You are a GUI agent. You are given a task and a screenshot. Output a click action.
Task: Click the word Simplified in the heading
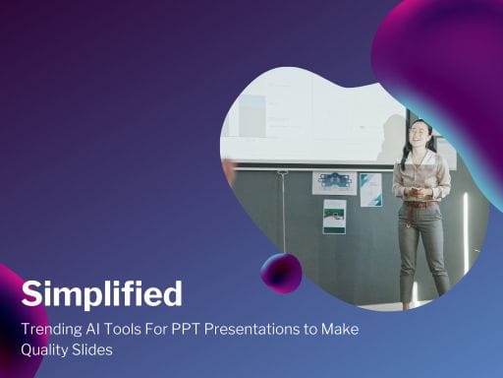(102, 294)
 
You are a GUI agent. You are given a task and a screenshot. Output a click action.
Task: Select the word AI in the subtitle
(96, 329)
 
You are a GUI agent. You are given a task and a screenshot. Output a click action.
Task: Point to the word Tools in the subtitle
(126, 329)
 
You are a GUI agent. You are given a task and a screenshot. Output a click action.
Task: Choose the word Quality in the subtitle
(47, 350)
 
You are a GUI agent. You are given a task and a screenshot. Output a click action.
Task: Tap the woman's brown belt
(419, 204)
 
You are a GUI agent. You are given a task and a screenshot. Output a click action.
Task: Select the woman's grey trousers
(422, 246)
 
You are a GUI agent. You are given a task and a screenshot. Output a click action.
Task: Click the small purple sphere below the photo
(281, 272)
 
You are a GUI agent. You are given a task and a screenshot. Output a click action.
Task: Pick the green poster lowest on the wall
(334, 217)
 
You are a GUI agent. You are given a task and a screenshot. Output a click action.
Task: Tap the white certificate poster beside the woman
(370, 189)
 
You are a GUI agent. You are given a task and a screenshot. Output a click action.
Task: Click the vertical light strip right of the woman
(465, 231)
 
